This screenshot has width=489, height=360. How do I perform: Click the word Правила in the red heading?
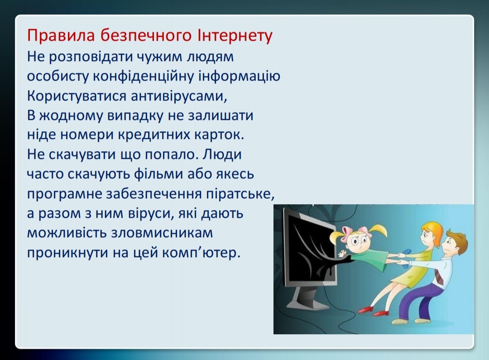61,35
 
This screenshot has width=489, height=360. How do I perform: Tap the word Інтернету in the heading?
235,36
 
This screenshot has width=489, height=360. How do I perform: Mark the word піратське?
240,194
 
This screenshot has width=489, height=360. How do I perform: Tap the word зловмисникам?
162,233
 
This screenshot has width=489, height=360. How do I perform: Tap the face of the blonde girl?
360,241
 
